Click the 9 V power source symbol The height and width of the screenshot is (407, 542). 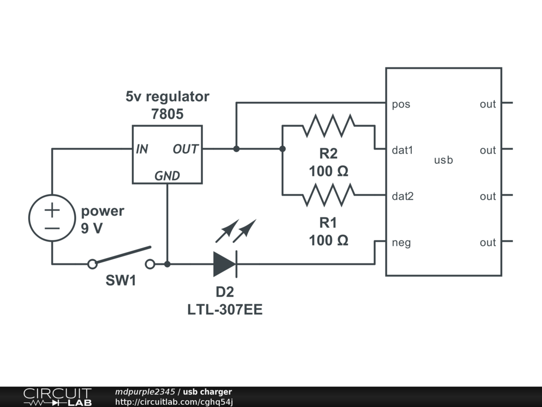click(x=52, y=218)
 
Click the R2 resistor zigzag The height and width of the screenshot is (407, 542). click(x=328, y=126)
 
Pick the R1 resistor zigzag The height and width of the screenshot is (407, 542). click(x=328, y=195)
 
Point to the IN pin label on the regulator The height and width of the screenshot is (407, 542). click(x=142, y=149)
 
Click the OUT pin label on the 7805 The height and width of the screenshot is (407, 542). click(x=185, y=149)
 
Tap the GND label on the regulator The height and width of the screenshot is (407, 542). click(x=167, y=176)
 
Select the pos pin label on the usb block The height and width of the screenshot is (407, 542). click(x=401, y=104)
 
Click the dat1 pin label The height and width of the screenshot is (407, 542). click(x=402, y=150)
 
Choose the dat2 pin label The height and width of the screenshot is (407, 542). click(x=403, y=196)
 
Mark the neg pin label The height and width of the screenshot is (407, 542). click(x=401, y=243)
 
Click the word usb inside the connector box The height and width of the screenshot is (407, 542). click(x=443, y=160)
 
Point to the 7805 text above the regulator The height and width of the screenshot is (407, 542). click(x=167, y=114)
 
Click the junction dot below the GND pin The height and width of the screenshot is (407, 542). click(x=167, y=263)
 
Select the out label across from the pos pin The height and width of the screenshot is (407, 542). click(x=487, y=104)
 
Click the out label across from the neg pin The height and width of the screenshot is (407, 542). click(x=487, y=243)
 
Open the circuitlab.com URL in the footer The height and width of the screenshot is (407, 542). click(x=174, y=402)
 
